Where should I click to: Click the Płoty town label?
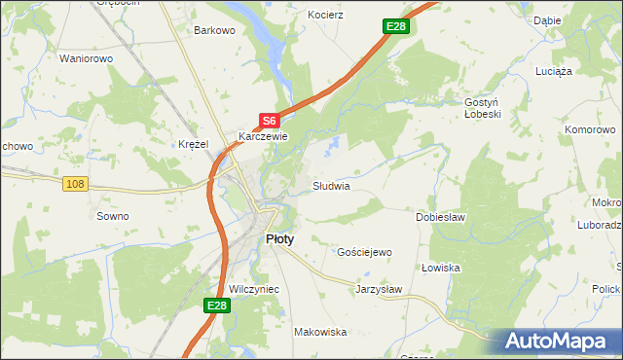click(280, 238)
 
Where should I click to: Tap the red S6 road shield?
click(270, 121)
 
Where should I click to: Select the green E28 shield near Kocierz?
click(394, 26)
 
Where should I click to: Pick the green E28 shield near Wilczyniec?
click(217, 306)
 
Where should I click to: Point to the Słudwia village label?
click(331, 185)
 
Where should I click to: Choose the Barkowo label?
click(215, 30)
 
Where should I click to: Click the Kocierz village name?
click(325, 17)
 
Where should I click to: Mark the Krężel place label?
click(194, 144)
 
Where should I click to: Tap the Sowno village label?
click(113, 216)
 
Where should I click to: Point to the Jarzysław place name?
click(379, 289)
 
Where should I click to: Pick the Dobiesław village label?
click(440, 217)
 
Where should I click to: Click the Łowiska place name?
click(441, 268)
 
